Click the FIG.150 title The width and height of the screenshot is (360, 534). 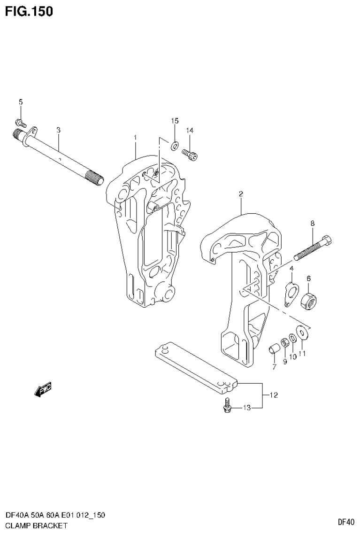pos(29,11)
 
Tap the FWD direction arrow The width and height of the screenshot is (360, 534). pos(43,389)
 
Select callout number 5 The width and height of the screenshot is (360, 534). pos(20,102)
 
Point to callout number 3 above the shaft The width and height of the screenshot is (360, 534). pos(58,130)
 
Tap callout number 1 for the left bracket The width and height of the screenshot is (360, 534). pos(135,137)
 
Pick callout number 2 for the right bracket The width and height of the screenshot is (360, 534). pos(240,193)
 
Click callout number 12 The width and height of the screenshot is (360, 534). pos(274,395)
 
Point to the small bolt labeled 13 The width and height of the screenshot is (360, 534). pos(227,406)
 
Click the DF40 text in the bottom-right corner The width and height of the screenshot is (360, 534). pos(345,521)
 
